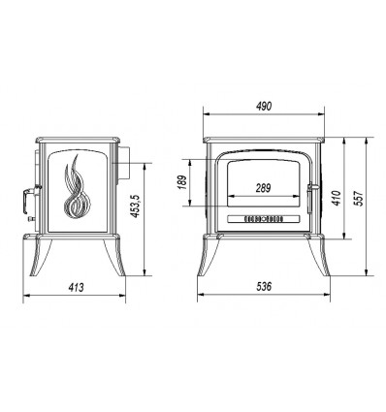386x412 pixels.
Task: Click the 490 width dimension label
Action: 264,106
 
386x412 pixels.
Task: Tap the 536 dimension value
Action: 264,286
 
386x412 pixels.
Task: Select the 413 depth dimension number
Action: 76,287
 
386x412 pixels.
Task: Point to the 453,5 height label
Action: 135,206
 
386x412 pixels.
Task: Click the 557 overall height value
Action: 359,198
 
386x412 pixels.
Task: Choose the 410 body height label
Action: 337,198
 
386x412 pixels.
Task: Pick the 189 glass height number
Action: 182,182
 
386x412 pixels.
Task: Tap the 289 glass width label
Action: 263,188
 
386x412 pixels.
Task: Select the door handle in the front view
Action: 310,199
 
